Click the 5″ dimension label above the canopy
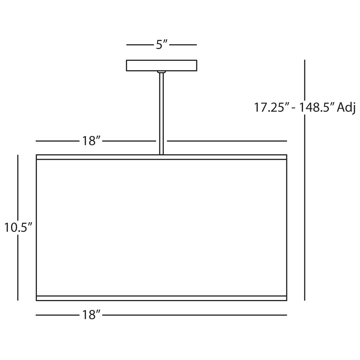point(161,45)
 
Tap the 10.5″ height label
point(18,227)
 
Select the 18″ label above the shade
point(91,141)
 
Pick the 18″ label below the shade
point(91,315)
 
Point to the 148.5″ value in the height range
point(316,107)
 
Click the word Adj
point(346,108)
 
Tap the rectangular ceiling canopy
point(161,65)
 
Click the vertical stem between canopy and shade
point(161,114)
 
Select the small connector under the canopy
point(161,72)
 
